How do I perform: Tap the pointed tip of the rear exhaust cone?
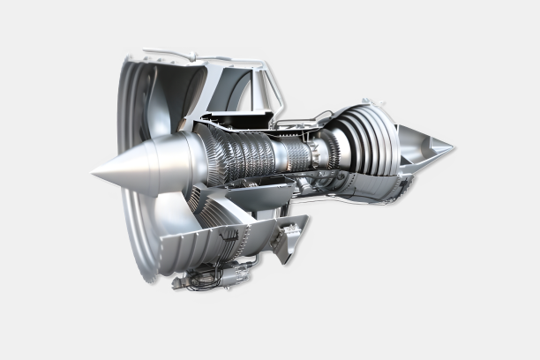pyautogui.click(x=454, y=146)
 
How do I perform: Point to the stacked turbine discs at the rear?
pyautogui.click(x=366, y=141)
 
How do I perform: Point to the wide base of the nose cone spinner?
pyautogui.click(x=176, y=164)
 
